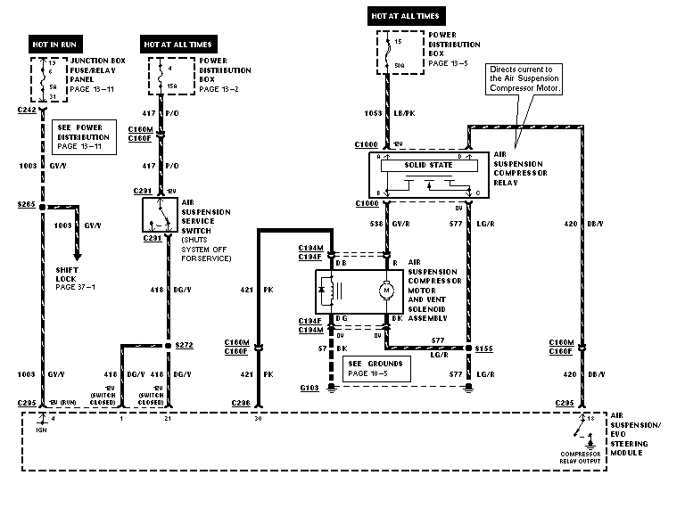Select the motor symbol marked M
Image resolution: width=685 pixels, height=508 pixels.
386,291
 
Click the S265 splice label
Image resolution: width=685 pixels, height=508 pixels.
26,203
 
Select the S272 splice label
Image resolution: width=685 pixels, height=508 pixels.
185,345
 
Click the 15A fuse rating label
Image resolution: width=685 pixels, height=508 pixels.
171,85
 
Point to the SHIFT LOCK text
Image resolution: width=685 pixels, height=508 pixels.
69,274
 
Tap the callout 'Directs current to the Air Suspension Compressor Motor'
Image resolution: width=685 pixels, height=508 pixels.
524,78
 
